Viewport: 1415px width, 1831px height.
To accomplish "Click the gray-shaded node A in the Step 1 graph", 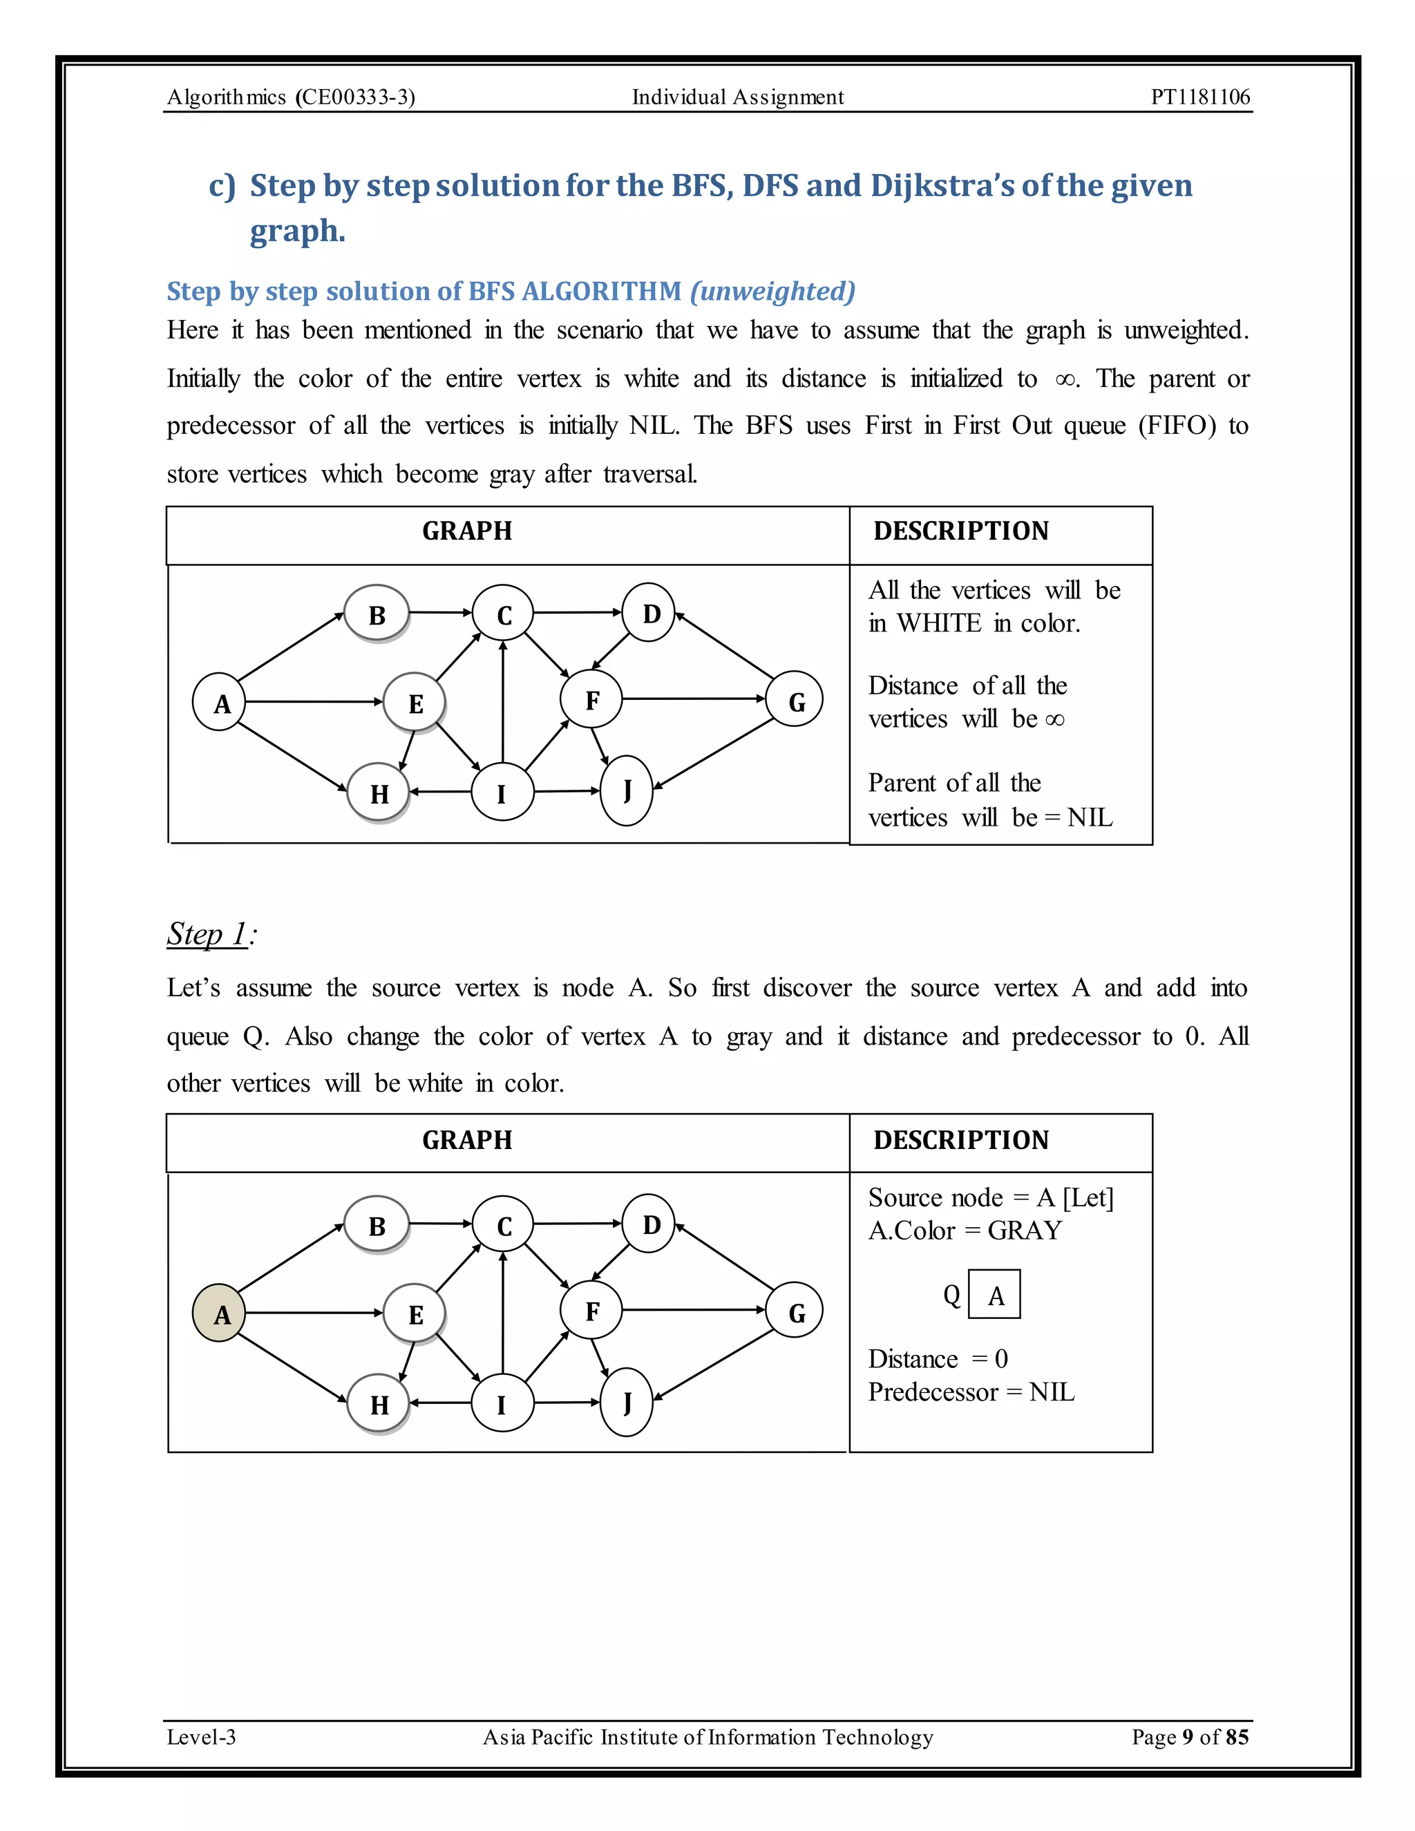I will tap(219, 1313).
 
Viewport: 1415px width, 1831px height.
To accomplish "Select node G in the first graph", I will tap(795, 700).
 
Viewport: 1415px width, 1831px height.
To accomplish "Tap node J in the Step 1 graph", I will tap(626, 1402).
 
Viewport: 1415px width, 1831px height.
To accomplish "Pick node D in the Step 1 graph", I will tap(649, 1224).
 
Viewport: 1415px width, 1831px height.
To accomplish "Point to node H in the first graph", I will tap(378, 793).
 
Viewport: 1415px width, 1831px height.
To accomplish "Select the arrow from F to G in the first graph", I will tap(694, 699).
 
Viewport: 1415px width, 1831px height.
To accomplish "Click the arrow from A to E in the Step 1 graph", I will tap(314, 1312).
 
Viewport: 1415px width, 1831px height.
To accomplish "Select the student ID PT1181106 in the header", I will tap(1199, 97).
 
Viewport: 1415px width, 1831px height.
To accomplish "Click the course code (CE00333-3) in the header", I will tap(355, 97).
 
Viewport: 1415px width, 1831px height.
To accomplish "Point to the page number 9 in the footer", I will tap(1187, 1736).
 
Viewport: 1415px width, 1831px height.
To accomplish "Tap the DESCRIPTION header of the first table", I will tap(960, 531).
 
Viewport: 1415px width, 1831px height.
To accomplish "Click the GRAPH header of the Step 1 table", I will tap(467, 1140).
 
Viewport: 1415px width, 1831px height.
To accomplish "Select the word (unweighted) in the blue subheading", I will tap(772, 291).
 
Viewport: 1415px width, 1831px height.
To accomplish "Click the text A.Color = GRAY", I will tap(965, 1230).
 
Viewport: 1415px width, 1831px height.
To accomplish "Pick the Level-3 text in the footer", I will tap(201, 1736).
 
